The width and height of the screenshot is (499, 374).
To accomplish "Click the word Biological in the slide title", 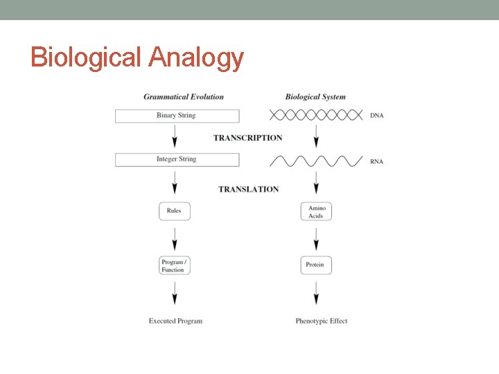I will point(86,57).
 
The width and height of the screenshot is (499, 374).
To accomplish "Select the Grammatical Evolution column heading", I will point(184,97).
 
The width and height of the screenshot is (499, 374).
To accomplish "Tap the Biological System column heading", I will point(315,97).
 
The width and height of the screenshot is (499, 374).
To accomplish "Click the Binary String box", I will point(177,116).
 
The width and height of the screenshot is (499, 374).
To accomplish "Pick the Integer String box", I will point(177,159).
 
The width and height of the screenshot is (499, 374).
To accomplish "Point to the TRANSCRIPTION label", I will point(247,138).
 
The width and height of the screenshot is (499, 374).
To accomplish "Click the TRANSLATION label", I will point(248,189).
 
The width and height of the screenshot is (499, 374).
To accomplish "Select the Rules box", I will point(174,211).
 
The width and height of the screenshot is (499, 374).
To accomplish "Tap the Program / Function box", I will point(174,265).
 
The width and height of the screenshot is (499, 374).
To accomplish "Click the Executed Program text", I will point(175,321).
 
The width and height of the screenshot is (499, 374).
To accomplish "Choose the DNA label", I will point(376,116).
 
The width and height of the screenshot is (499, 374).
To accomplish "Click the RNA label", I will point(376,162).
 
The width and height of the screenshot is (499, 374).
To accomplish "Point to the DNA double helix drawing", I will point(316,116).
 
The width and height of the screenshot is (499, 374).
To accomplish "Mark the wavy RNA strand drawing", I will point(316,161).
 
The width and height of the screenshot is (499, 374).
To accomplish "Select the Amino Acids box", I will point(317,211).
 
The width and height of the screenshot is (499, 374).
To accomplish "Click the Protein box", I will point(316,265).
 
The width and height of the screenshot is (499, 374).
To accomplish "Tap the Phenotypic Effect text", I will point(321,321).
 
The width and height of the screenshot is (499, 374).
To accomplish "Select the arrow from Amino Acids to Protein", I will point(317,238).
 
